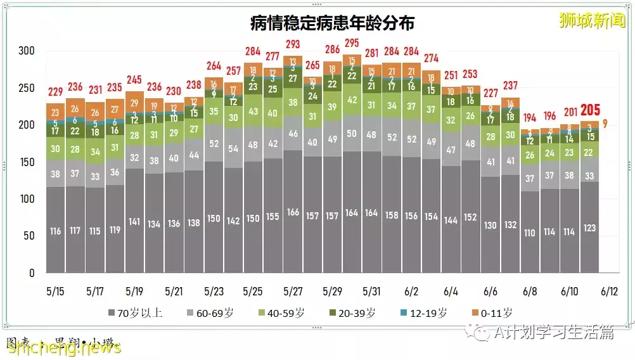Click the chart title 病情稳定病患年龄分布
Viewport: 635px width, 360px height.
point(332,23)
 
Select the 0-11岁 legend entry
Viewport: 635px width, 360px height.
point(493,312)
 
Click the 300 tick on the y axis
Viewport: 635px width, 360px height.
point(27,51)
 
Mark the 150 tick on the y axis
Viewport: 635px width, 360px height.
point(27,162)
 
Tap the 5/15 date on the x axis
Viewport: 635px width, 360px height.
point(55,292)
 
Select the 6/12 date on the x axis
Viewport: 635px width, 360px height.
point(608,292)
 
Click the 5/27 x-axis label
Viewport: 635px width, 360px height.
point(292,292)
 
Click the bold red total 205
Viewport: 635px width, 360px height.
point(589,110)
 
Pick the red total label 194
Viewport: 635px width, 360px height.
point(530,117)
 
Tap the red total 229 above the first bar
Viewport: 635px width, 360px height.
point(55,92)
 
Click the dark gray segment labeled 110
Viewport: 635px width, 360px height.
point(530,233)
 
